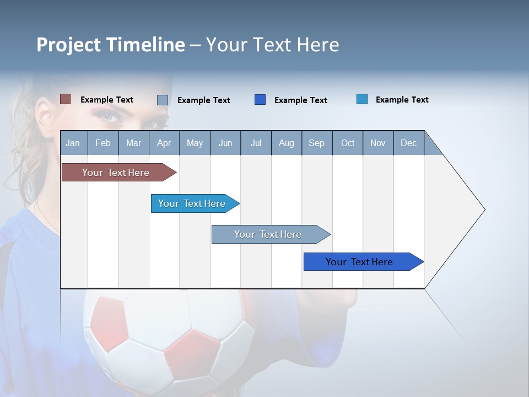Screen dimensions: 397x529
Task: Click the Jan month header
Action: tap(73, 143)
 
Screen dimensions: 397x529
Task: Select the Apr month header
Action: tap(164, 143)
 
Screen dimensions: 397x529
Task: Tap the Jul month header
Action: tap(256, 143)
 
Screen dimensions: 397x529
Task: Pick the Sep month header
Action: tap(317, 143)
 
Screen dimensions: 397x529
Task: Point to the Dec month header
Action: tap(408, 143)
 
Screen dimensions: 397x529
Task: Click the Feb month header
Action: tap(103, 143)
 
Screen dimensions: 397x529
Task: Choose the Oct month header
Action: tap(348, 143)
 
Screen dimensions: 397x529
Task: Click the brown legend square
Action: tap(66, 99)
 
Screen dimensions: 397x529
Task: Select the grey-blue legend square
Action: tap(163, 100)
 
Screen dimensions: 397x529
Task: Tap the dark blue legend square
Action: tap(260, 100)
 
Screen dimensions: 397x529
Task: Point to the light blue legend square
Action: tap(362, 99)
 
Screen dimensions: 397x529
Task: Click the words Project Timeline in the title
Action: tap(111, 45)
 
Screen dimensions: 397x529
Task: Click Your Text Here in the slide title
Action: tap(273, 45)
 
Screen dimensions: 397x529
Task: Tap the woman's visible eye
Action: tap(111, 116)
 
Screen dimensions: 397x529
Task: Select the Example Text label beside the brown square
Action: tap(107, 100)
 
